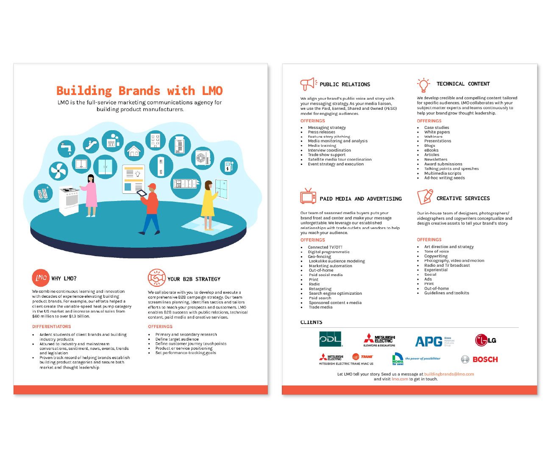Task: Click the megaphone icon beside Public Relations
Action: (x=308, y=84)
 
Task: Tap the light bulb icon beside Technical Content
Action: (x=423, y=84)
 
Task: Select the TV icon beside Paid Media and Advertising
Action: (x=308, y=196)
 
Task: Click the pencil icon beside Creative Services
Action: (x=425, y=197)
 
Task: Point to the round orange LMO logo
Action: (x=41, y=278)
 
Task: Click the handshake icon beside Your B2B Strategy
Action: (x=156, y=278)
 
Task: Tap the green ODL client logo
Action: (x=331, y=339)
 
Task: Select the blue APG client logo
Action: (x=429, y=341)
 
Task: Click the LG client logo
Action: (x=485, y=340)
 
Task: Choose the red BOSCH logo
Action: (x=485, y=359)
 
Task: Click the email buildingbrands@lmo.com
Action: (x=449, y=374)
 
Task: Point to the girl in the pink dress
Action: (x=91, y=195)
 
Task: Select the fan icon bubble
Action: (x=58, y=171)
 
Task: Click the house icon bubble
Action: (x=134, y=151)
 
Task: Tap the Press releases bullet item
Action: (x=321, y=132)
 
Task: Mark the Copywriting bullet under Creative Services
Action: (x=436, y=256)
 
